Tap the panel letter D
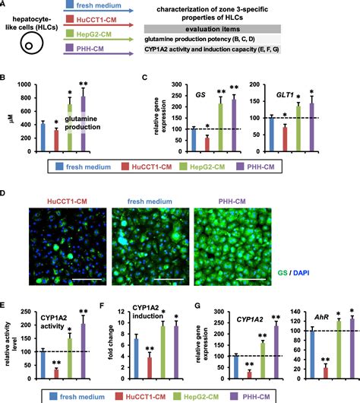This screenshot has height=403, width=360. click(x=5, y=194)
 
